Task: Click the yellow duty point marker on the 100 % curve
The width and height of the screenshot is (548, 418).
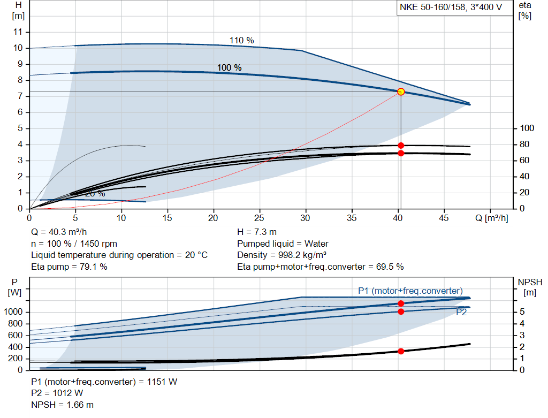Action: pos(401,92)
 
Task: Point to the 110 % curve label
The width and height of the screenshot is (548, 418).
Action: pos(241,41)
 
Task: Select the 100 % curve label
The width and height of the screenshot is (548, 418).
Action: pos(229,68)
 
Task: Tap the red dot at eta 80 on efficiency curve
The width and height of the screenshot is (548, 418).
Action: pos(401,145)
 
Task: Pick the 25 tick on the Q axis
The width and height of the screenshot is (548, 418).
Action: pos(260,218)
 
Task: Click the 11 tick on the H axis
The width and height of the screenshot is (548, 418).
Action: pos(18,32)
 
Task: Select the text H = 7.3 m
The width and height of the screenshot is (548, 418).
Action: pos(257,232)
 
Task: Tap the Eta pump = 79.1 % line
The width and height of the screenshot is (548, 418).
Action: pos(69,267)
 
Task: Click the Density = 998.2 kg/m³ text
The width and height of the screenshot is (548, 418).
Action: pos(282,255)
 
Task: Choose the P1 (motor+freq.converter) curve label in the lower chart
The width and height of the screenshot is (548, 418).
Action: pos(410,291)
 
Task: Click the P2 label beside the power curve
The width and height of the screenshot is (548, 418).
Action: pos(461,313)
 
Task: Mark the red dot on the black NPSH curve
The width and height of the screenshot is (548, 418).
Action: pos(401,351)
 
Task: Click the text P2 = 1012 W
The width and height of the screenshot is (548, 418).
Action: pos(57,393)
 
